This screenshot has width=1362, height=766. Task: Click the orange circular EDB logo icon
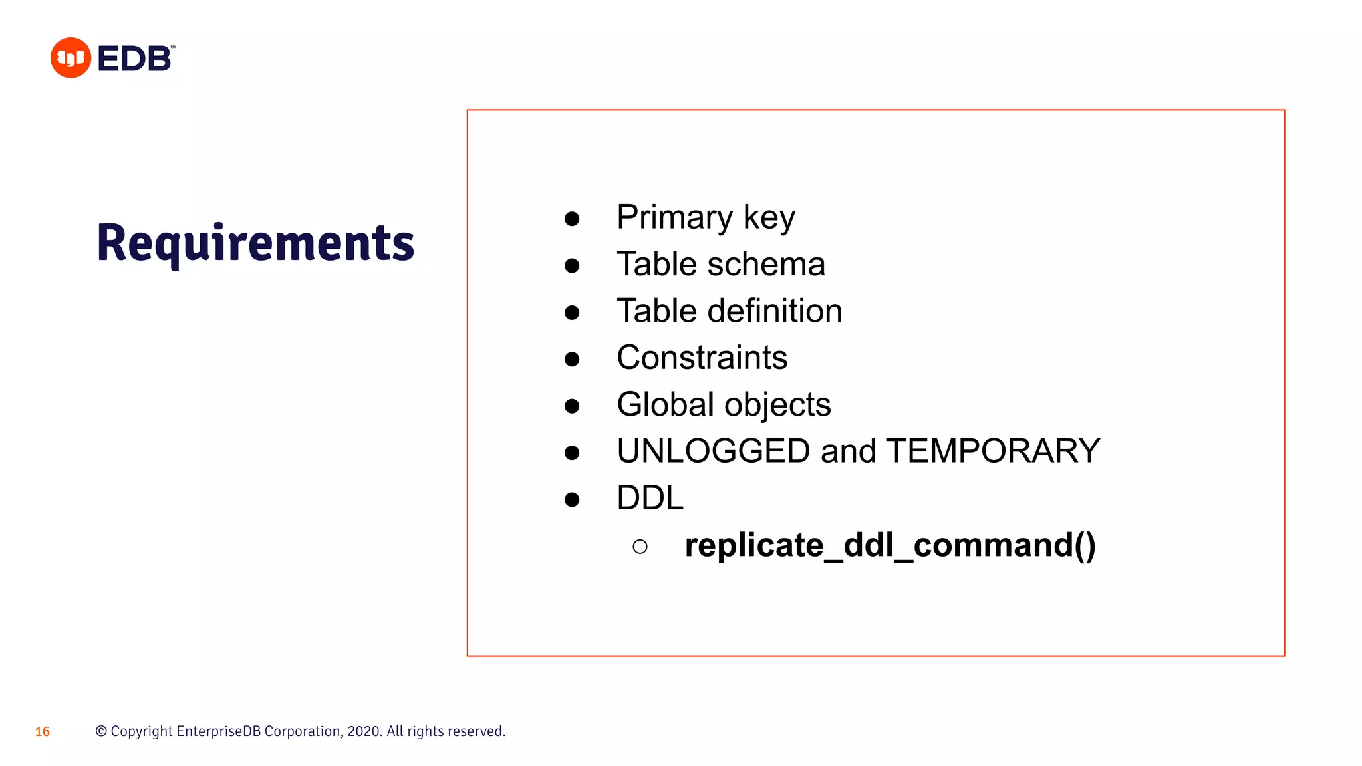[70, 58]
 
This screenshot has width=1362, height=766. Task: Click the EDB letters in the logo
[135, 59]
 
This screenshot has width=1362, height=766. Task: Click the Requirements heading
[255, 243]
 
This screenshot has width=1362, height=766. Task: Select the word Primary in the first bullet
[674, 217]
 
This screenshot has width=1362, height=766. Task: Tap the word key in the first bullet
[769, 217]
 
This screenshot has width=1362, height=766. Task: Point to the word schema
[766, 265]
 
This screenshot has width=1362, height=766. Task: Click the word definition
[775, 311]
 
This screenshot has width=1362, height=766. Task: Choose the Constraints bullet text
[702, 358]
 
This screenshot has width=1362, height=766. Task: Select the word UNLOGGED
[713, 451]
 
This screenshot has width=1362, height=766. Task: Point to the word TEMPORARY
[993, 451]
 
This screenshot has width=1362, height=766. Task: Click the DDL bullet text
[650, 498]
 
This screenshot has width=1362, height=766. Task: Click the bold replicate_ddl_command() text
[890, 545]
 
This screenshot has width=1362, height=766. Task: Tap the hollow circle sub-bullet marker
[640, 547]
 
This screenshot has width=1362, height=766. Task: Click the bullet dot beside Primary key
[572, 219]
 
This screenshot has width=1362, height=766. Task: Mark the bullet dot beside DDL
[572, 499]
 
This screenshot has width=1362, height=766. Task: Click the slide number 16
[43, 732]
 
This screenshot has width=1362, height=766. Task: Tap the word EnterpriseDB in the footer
[219, 731]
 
